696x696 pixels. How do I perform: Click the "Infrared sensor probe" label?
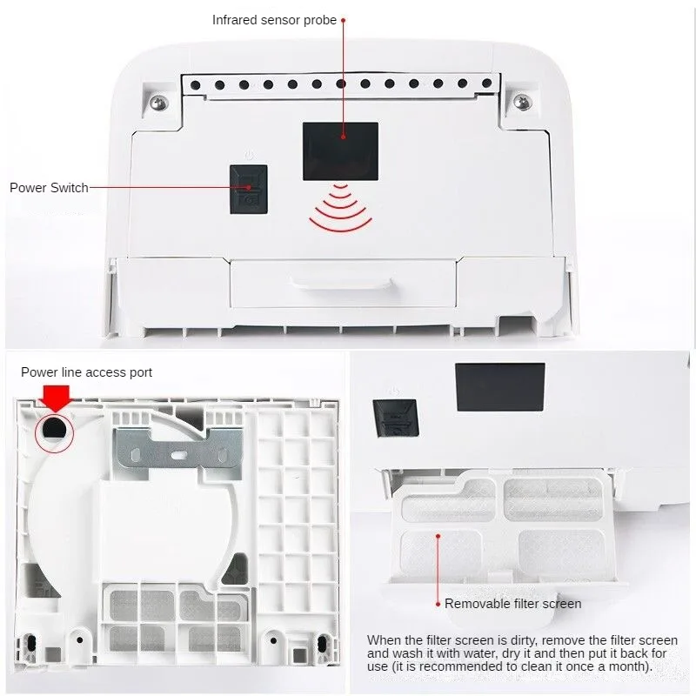(274, 19)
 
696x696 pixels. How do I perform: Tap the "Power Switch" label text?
(49, 187)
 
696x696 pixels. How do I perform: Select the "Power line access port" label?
(86, 372)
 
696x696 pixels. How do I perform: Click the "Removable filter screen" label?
(512, 603)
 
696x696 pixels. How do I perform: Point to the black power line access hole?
(54, 428)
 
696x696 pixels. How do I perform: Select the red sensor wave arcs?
(340, 209)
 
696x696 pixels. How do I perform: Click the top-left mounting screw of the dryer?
(159, 102)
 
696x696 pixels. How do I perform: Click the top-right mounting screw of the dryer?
(522, 102)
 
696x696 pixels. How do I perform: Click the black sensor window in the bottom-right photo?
(499, 386)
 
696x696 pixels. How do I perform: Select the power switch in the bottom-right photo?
(394, 421)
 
